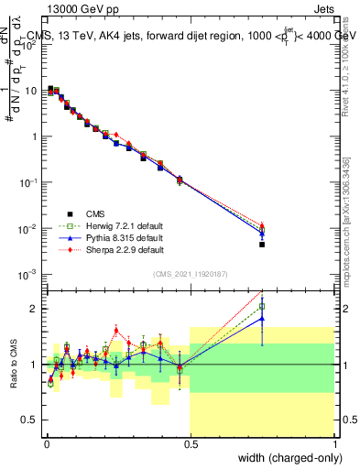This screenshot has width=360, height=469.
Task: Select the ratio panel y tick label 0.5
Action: (x=30, y=420)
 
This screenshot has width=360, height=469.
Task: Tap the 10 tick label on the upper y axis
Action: (x=31, y=91)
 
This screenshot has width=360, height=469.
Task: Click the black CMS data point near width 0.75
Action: (x=262, y=245)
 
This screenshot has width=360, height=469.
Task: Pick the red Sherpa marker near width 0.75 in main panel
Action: (x=262, y=225)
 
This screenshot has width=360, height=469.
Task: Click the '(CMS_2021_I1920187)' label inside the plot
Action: (x=190, y=273)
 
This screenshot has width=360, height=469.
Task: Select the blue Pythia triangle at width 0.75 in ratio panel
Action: (x=262, y=319)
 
